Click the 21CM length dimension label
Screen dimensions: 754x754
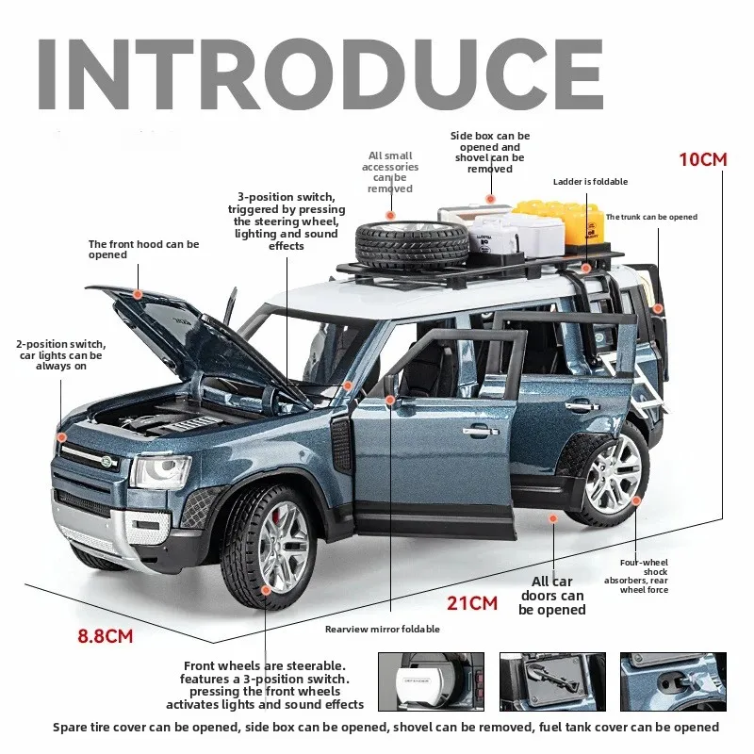click(472, 603)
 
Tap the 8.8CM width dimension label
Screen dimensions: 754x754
click(106, 636)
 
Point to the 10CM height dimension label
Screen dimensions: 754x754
click(702, 159)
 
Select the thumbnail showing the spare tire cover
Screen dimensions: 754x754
click(431, 681)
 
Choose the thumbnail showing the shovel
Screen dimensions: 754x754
click(552, 681)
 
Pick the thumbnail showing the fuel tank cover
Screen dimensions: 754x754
click(673, 681)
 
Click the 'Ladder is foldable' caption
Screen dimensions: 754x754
click(590, 182)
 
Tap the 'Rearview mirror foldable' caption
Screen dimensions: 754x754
click(383, 629)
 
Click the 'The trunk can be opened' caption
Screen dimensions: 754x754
click(651, 217)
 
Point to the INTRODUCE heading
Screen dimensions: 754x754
click(320, 74)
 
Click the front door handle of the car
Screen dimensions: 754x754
click(481, 431)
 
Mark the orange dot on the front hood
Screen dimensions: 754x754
click(138, 294)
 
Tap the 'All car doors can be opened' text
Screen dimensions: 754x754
click(552, 596)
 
